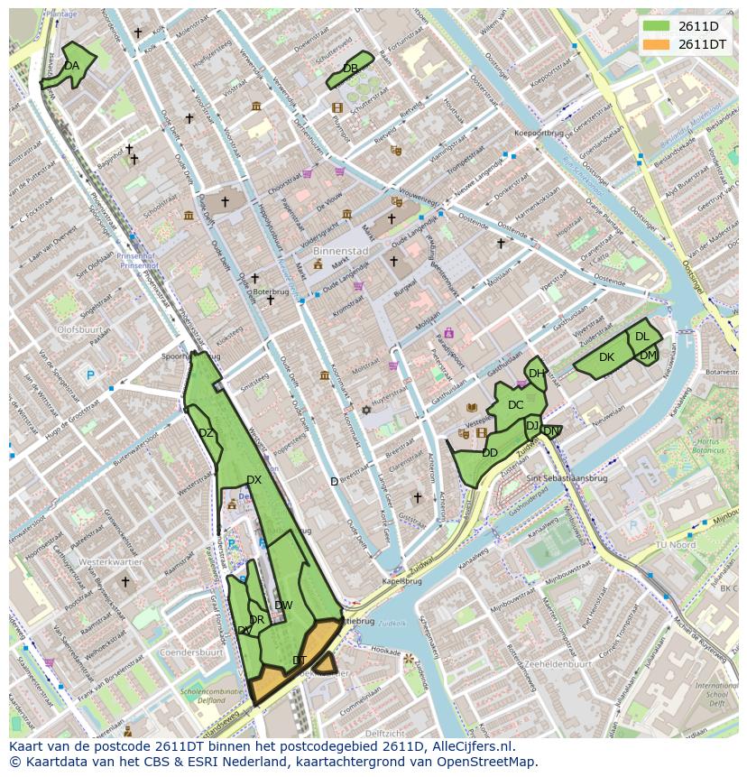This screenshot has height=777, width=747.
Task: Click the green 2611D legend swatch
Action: coord(657,26)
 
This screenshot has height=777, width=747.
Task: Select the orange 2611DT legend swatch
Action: coord(657,44)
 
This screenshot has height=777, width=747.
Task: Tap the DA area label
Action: coord(72,66)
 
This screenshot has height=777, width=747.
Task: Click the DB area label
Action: coord(350,69)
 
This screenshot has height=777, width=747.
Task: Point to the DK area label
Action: coord(606,357)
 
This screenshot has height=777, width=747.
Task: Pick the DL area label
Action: coord(641,337)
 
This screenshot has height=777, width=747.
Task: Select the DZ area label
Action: coord(206,433)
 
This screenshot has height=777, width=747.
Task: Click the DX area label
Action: coord(254,480)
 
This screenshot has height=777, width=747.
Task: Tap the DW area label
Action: coord(283,605)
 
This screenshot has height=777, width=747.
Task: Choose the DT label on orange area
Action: coord(300,661)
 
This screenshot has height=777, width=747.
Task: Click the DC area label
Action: coord(515,405)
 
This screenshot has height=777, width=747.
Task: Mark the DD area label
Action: coord(490,453)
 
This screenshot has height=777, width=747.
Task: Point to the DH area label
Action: coord(536,374)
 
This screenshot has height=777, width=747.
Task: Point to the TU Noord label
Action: coord(674,545)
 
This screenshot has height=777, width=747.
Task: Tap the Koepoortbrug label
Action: coord(539,133)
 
